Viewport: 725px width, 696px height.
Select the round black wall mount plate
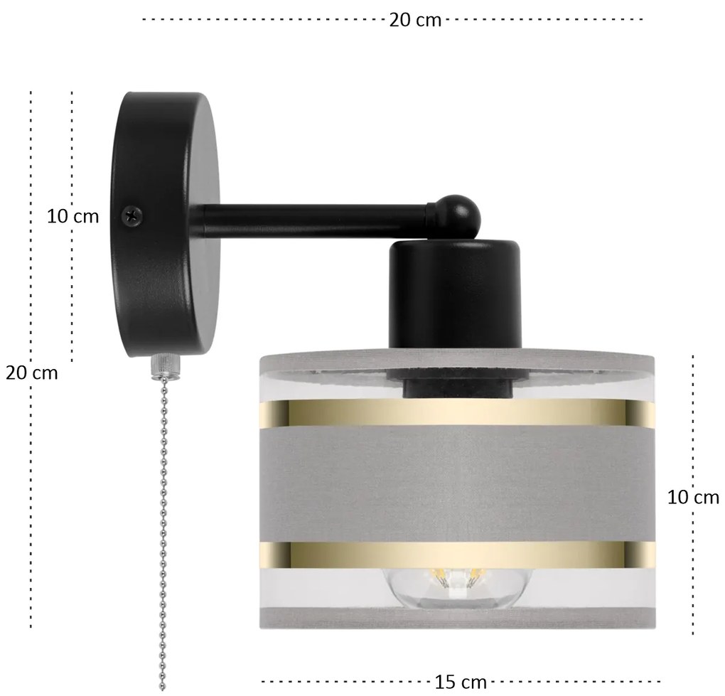(165, 224)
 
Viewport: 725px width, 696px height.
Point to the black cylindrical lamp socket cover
(455, 294)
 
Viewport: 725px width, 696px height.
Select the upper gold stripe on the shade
(458, 412)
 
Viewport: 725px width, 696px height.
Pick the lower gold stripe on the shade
(458, 555)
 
